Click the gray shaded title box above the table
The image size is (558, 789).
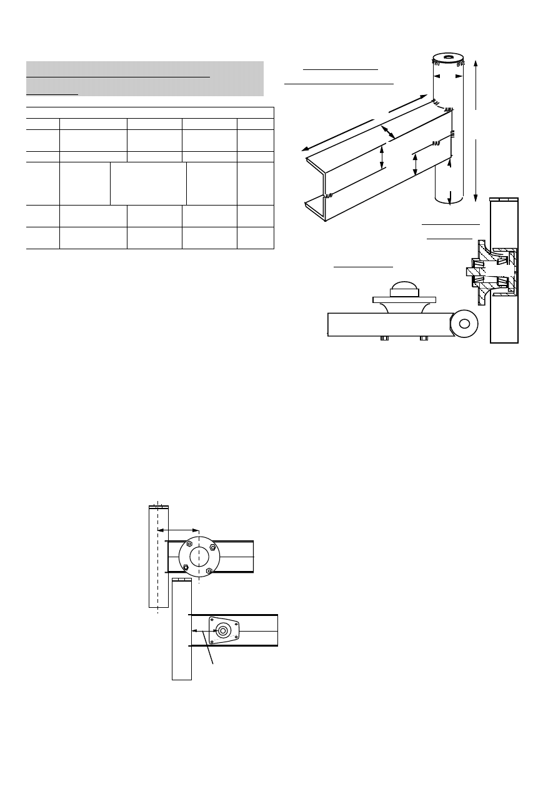[x=144, y=79]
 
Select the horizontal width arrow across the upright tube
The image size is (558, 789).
[x=447, y=76]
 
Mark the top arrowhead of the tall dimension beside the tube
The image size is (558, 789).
[x=477, y=62]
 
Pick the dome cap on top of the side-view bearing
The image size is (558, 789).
[x=406, y=289]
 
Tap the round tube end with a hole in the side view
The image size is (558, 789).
[x=464, y=324]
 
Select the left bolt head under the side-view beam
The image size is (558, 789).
[x=384, y=339]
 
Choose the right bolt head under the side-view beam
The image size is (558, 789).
[x=424, y=339]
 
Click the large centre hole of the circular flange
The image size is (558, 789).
[x=199, y=556]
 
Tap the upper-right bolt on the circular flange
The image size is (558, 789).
[x=213, y=547]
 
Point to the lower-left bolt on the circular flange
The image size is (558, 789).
[x=185, y=567]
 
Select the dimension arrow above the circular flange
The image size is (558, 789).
[x=177, y=530]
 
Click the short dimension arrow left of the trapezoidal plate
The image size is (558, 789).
[x=200, y=631]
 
